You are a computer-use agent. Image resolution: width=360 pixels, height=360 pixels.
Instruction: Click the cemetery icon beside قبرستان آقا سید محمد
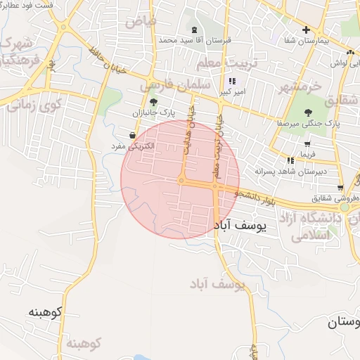(x=195, y=30)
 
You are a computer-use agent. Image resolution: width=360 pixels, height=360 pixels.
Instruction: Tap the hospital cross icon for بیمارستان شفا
(x=306, y=30)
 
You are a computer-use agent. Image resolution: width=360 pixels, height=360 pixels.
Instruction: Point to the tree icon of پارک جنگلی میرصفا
(x=308, y=112)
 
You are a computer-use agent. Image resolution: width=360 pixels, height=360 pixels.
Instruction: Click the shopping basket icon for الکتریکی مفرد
(x=132, y=135)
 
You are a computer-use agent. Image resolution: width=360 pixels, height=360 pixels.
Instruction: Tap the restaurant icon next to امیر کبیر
(x=232, y=81)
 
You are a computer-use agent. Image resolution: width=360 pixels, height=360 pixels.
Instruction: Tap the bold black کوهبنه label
(x=46, y=311)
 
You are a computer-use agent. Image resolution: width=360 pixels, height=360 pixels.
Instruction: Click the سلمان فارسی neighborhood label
(x=167, y=86)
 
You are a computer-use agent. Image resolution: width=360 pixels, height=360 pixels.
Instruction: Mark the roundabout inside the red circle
(x=181, y=181)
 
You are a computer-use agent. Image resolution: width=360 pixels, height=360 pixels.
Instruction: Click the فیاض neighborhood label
(x=141, y=21)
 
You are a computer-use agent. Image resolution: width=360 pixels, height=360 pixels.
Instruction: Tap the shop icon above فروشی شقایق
(x=341, y=186)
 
